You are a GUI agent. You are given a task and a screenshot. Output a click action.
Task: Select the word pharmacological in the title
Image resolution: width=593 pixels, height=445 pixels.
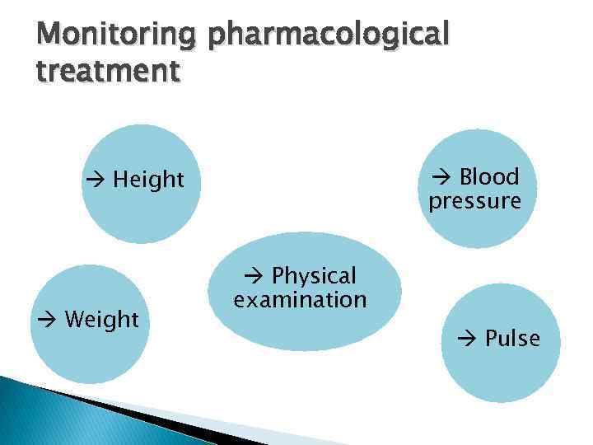click(x=329, y=36)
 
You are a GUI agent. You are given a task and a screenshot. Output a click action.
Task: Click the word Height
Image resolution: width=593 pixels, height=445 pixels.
click(x=148, y=180)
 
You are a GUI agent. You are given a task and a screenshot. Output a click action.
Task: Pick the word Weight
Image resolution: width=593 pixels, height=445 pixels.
click(x=101, y=320)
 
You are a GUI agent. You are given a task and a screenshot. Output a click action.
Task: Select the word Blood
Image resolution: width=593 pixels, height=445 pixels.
click(x=489, y=177)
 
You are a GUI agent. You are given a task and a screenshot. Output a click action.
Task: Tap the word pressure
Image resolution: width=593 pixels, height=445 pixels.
click(x=474, y=202)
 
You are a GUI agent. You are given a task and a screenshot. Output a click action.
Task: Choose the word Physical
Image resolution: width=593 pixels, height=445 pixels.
click(x=314, y=275)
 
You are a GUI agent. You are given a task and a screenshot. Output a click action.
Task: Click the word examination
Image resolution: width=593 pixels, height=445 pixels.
click(x=300, y=299)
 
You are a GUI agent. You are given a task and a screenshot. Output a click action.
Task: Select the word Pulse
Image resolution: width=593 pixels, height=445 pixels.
click(x=512, y=339)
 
